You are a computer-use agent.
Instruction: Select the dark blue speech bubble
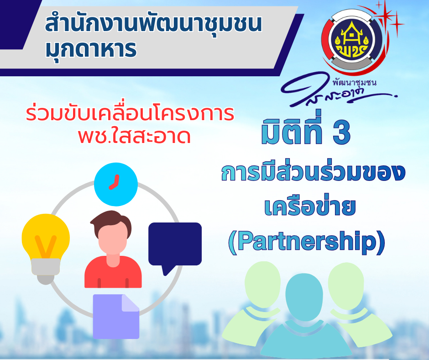175,244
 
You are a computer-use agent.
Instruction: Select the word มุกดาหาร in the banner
91,50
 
